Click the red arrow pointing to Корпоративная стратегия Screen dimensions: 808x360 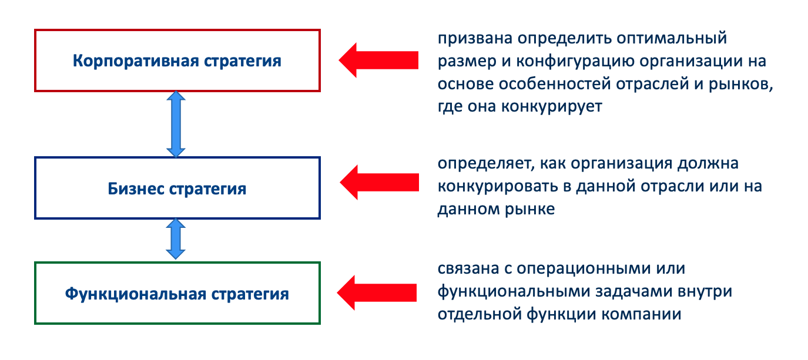(x=378, y=60)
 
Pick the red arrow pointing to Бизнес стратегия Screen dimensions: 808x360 (x=379, y=182)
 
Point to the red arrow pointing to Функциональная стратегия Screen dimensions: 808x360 (x=377, y=292)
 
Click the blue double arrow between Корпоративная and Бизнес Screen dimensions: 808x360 (x=176, y=124)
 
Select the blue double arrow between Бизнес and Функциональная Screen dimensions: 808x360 (x=176, y=239)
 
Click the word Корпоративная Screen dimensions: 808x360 (x=136, y=61)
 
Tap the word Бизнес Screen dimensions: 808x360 (x=136, y=189)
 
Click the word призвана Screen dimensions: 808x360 (x=475, y=38)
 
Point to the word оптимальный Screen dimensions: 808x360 (x=671, y=38)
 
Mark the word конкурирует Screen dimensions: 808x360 (x=552, y=107)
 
